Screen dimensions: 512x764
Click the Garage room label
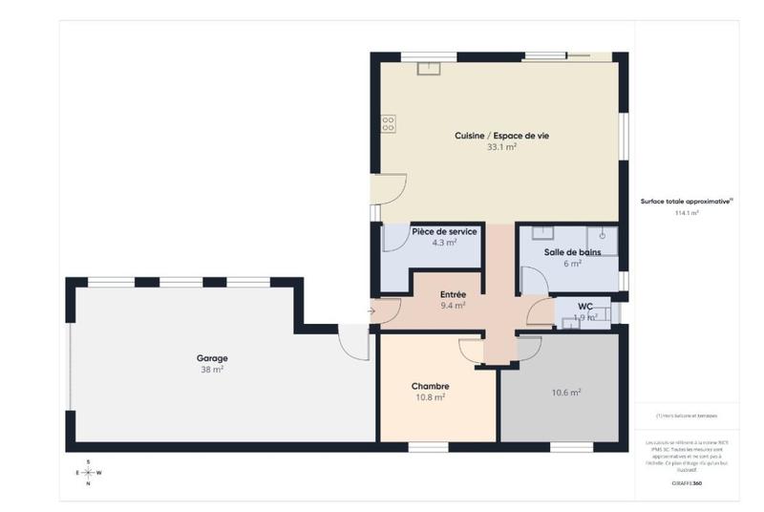(x=213, y=358)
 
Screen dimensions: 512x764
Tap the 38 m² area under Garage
(x=212, y=370)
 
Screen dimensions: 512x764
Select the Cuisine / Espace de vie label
(x=501, y=137)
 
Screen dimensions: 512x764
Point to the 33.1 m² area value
(x=501, y=148)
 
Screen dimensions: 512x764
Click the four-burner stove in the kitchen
(x=389, y=123)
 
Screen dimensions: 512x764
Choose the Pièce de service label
(x=444, y=232)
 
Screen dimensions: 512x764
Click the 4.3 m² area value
(x=444, y=243)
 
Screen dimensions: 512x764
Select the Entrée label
(x=453, y=295)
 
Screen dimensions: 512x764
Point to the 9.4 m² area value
(x=453, y=306)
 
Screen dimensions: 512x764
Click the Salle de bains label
(x=572, y=252)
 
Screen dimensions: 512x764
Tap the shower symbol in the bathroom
(x=603, y=233)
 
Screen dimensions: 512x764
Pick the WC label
(x=585, y=307)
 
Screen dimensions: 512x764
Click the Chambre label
(x=430, y=386)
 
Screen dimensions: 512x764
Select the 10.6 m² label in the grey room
(x=565, y=392)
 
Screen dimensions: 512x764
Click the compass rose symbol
(x=88, y=472)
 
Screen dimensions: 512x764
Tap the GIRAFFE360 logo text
(x=687, y=484)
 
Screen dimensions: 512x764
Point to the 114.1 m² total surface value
(x=687, y=214)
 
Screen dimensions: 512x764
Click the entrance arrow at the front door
(x=371, y=310)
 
